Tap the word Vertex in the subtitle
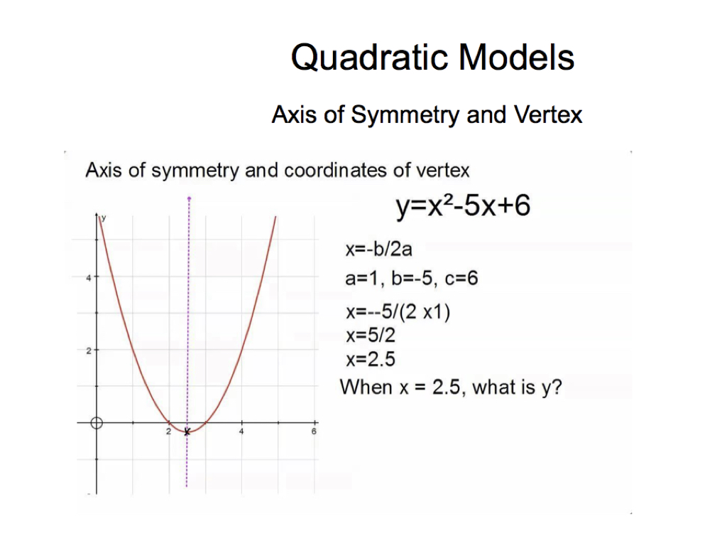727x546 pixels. click(x=548, y=114)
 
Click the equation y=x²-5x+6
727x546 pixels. click(x=463, y=205)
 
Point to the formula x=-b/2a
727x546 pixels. click(x=379, y=250)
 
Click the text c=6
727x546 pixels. click(x=461, y=278)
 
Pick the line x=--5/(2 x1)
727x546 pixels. click(x=398, y=311)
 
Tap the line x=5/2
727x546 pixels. click(x=371, y=335)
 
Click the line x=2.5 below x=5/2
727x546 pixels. click(x=371, y=359)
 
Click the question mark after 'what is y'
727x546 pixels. click(x=557, y=386)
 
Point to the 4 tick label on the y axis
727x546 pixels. click(x=89, y=278)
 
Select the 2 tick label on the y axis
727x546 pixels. click(x=89, y=351)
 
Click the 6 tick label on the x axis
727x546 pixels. click(x=314, y=432)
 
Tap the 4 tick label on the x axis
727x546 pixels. click(x=241, y=432)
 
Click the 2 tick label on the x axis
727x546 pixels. click(x=168, y=432)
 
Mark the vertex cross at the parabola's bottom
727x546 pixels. click(x=187, y=432)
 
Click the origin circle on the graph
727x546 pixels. click(x=97, y=423)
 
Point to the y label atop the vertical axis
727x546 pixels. click(x=104, y=218)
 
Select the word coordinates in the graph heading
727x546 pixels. click(x=335, y=170)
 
